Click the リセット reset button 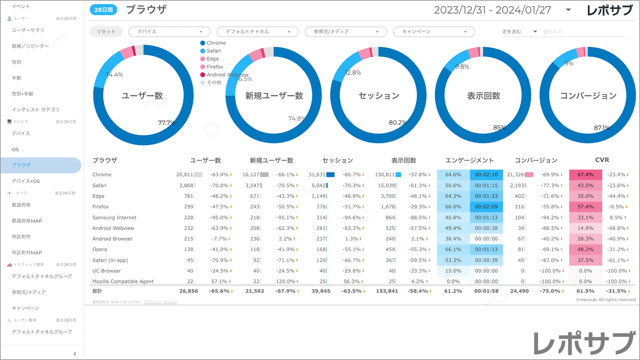(x=106, y=32)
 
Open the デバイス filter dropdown (x=169, y=32)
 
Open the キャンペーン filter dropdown (x=434, y=32)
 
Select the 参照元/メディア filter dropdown (x=345, y=32)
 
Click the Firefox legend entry (x=215, y=67)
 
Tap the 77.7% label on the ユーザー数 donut (x=166, y=123)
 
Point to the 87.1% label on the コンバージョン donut (x=601, y=128)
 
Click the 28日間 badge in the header (x=104, y=10)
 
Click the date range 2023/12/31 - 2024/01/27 (x=492, y=10)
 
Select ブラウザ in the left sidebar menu (x=22, y=165)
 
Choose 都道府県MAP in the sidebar (x=27, y=221)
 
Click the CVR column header (x=602, y=160)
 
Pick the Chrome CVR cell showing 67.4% (x=585, y=175)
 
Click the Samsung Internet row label (x=114, y=217)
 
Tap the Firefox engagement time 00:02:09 (x=486, y=207)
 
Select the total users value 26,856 (x=188, y=291)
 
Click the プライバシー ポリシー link (x=160, y=302)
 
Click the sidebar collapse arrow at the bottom (x=75, y=354)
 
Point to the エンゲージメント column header (x=469, y=160)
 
